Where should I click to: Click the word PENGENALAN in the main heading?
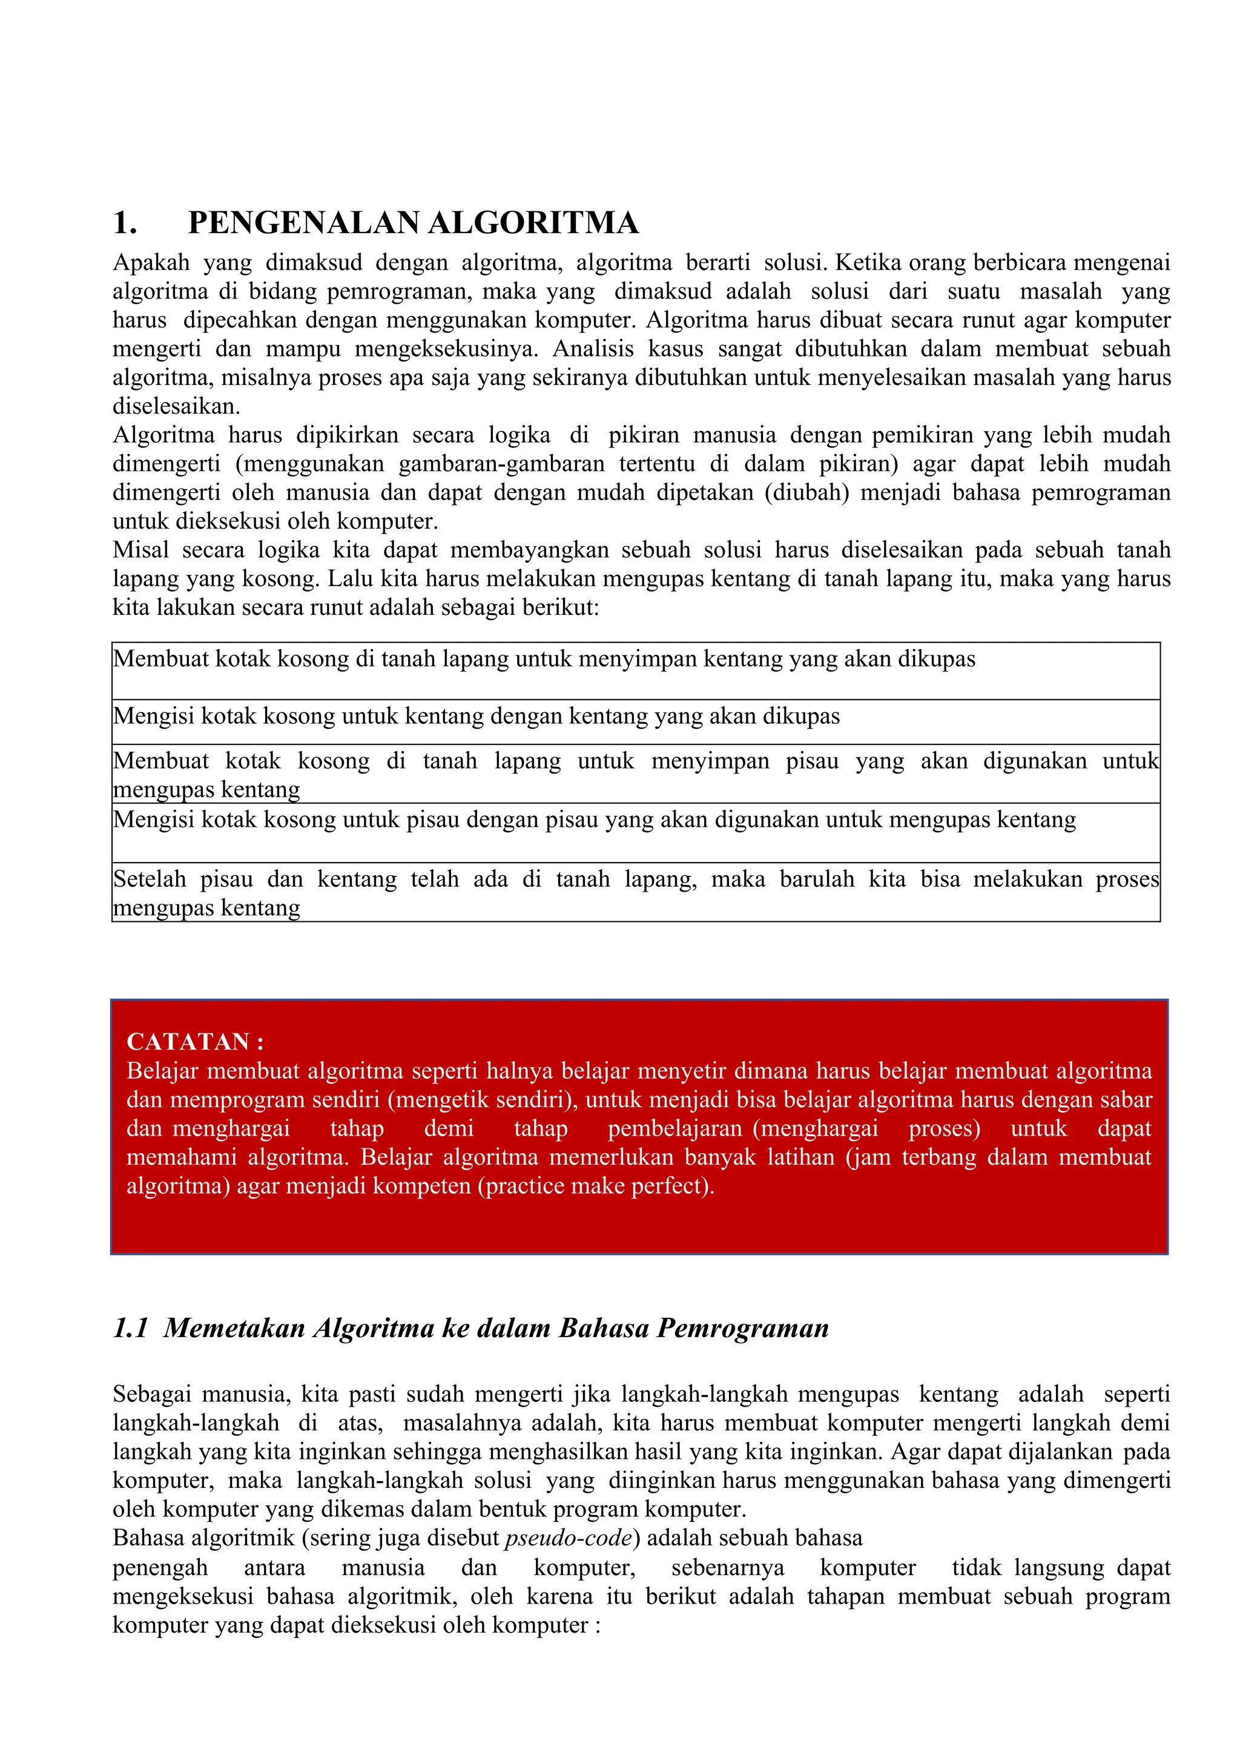pos(304,223)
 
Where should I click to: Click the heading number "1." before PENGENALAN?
pos(125,223)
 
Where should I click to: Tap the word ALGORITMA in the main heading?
pos(533,223)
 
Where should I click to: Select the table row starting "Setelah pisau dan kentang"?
pos(635,892)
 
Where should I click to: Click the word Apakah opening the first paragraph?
pos(151,263)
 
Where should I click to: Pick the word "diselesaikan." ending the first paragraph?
pos(176,406)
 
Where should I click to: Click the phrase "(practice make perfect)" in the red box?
pos(596,1186)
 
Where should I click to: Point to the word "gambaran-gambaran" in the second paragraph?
pos(501,464)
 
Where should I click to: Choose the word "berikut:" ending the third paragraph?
pos(561,607)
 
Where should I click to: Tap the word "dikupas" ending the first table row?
pos(936,659)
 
